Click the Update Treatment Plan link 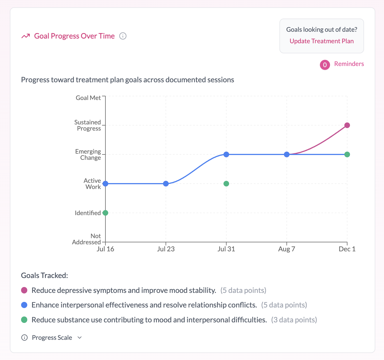322,41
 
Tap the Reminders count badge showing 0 325,65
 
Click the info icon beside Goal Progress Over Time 123,36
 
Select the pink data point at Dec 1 347,125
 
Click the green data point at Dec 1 347,154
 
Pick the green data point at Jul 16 105,213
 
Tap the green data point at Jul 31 226,184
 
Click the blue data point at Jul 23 166,184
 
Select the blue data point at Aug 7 287,154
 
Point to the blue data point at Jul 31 226,154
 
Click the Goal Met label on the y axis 88,98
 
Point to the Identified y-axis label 88,213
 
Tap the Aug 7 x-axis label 286,249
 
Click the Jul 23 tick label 166,249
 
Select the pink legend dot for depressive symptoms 24,290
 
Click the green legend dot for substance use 24,320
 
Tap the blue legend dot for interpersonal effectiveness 24,305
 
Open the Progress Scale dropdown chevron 80,338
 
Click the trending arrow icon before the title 26,36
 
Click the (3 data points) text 294,320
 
